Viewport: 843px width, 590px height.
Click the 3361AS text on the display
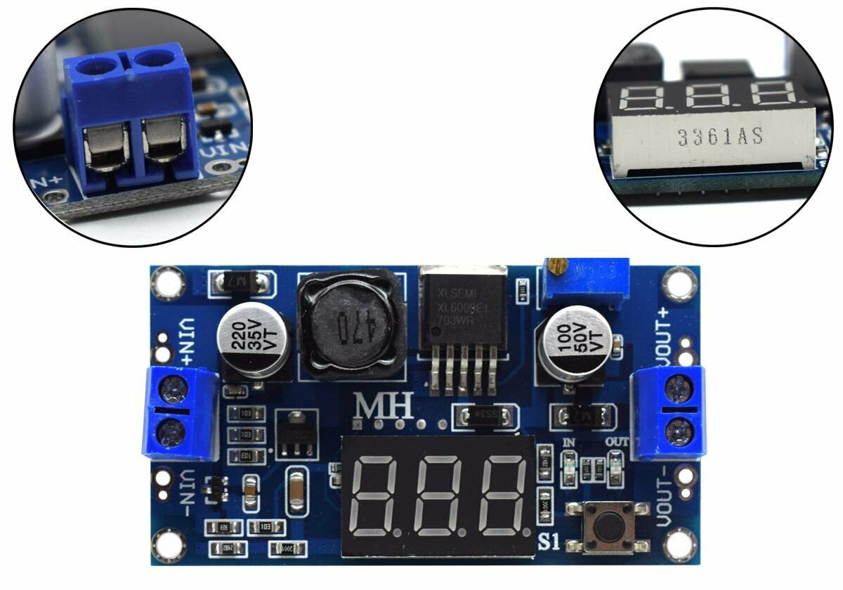[720, 137]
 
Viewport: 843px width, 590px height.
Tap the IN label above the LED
[569, 443]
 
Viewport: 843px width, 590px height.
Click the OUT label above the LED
[616, 442]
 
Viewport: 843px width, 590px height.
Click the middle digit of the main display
[439, 495]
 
